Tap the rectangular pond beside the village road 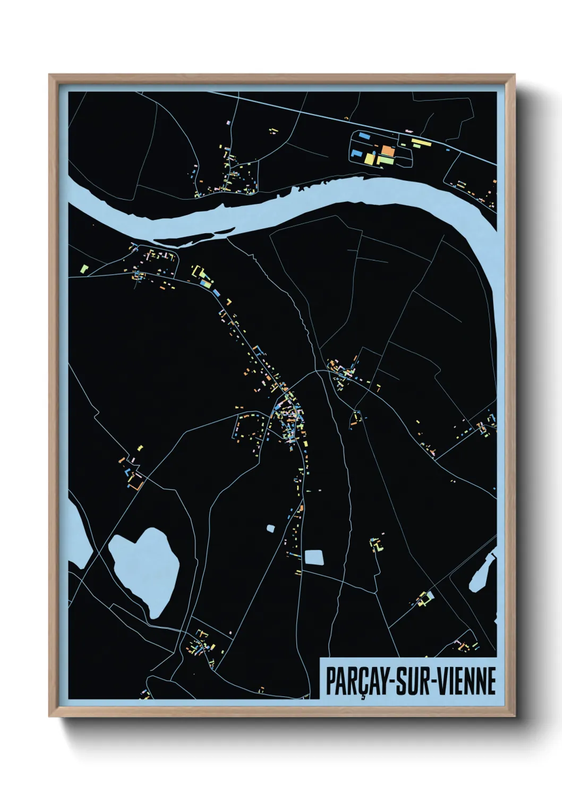pyautogui.click(x=314, y=557)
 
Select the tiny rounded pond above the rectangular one pyautogui.click(x=271, y=528)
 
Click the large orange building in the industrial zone pyautogui.click(x=388, y=151)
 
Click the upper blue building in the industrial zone pyautogui.click(x=364, y=136)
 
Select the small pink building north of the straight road pyautogui.click(x=408, y=130)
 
